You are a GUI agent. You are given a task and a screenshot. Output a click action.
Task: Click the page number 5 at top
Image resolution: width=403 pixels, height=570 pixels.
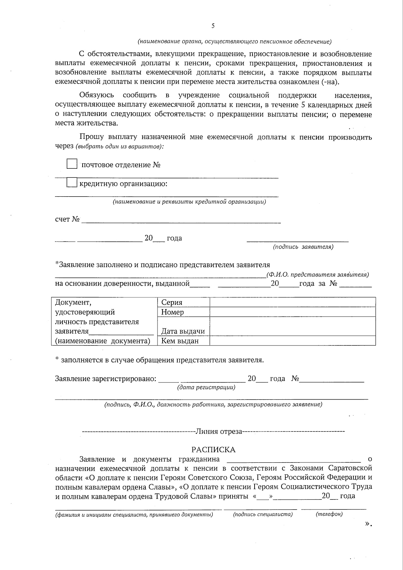(x=213, y=26)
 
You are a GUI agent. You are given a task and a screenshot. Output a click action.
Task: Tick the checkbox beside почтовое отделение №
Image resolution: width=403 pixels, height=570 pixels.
(x=72, y=164)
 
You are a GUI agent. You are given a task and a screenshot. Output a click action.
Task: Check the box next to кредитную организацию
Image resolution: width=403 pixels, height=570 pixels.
(x=72, y=183)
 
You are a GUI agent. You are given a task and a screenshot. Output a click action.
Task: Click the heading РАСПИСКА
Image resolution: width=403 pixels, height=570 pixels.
(x=213, y=450)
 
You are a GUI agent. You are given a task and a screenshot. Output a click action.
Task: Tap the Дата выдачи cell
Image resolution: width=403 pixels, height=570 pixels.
(x=183, y=331)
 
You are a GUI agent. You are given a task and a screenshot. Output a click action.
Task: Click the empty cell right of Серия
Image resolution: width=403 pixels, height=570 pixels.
(x=292, y=302)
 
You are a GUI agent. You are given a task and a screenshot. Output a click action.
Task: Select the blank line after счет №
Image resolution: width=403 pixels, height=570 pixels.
(x=181, y=220)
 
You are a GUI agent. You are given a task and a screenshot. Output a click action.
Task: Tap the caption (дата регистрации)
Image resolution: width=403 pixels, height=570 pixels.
(x=206, y=388)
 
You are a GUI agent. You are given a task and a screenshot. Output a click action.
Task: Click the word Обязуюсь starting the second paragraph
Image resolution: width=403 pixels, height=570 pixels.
(x=97, y=95)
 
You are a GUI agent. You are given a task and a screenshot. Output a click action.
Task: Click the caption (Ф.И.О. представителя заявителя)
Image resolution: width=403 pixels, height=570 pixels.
(x=317, y=275)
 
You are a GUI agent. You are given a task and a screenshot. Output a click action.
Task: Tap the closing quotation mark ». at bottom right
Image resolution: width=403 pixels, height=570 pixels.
(x=368, y=524)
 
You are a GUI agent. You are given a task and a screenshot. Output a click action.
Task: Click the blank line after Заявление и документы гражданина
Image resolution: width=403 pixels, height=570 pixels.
(x=294, y=459)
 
